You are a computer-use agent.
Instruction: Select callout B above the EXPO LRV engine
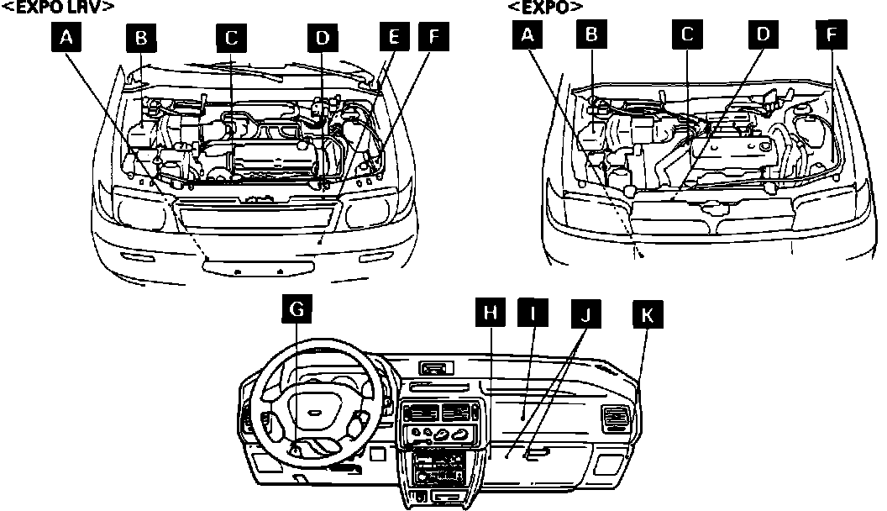(141, 39)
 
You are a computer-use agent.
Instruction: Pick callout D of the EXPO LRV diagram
(323, 39)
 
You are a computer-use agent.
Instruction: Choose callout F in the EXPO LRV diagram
(433, 39)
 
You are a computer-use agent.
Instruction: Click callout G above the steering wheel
(297, 310)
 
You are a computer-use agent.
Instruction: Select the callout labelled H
(491, 313)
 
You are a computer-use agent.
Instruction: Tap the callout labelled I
(532, 313)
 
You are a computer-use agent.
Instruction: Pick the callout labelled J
(586, 315)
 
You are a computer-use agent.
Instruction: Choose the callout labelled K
(646, 315)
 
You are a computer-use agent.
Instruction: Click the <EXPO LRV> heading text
(58, 7)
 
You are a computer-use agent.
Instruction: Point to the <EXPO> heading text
(545, 7)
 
